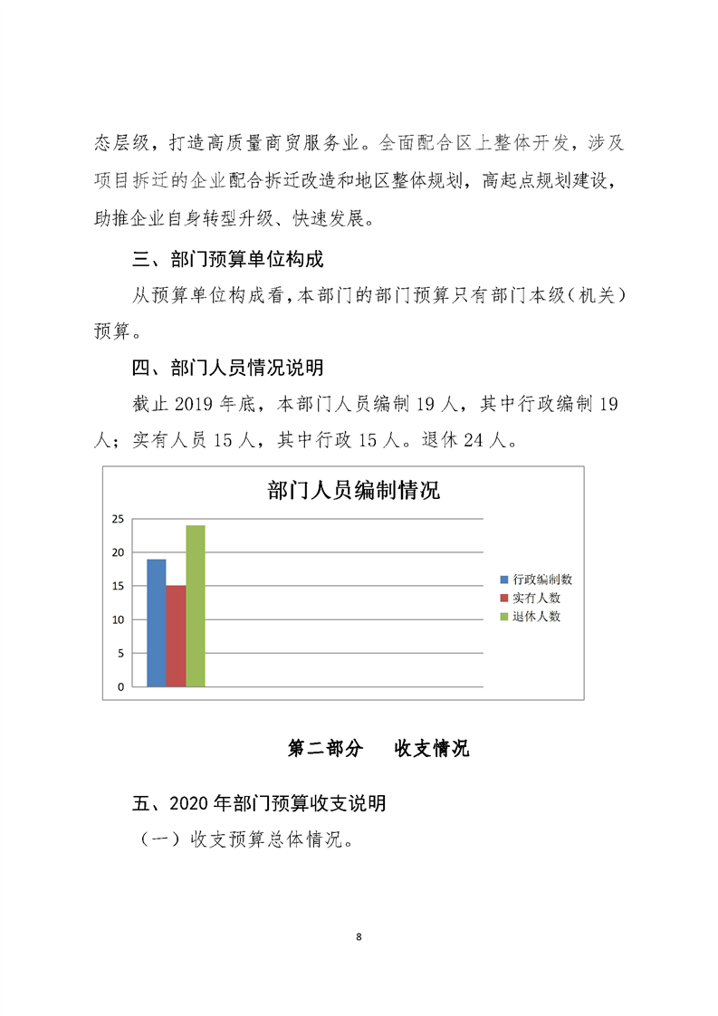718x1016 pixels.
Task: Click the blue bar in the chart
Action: tap(156, 623)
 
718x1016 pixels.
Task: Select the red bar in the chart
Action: tap(176, 637)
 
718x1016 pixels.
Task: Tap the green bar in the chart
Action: tap(196, 606)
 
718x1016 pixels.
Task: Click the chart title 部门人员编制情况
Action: tap(353, 491)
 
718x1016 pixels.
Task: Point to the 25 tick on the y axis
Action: tap(118, 519)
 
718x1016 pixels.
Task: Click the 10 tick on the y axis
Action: tap(118, 619)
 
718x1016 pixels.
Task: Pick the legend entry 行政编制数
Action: tap(541, 579)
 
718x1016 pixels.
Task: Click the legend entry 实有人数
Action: tap(536, 598)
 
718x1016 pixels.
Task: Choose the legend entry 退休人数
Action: tap(536, 616)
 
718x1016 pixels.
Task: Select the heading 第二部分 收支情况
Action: tap(378, 748)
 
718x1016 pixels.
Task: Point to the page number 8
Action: tap(359, 936)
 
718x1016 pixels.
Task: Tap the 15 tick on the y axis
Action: tap(118, 586)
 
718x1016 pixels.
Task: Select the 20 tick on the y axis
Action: tap(118, 552)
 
